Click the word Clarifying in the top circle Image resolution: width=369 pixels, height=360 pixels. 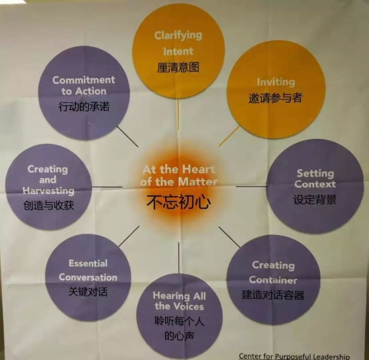(178, 36)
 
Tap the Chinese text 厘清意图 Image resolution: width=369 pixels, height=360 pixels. (178, 68)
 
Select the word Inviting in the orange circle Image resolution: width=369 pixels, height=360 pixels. (276, 83)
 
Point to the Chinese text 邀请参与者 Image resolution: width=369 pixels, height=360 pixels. (275, 97)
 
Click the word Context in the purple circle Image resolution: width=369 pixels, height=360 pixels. (315, 184)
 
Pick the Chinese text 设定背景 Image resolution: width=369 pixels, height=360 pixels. (315, 199)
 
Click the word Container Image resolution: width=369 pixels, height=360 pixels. (273, 280)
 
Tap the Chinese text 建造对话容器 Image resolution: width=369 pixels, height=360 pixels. (273, 295)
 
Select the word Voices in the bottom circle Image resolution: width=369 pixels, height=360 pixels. (189, 306)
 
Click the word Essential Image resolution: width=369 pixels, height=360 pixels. (88, 263)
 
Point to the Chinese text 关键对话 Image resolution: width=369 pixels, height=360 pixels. (88, 292)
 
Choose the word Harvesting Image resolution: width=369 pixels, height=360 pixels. (48, 190)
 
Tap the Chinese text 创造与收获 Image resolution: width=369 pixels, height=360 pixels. (48, 206)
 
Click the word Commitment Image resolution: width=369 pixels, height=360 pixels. (84, 80)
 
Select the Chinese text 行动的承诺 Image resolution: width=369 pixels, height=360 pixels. (84, 107)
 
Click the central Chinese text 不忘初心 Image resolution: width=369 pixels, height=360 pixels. (178, 202)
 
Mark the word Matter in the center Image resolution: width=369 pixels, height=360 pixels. (198, 182)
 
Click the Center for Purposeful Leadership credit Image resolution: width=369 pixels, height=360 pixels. (294, 356)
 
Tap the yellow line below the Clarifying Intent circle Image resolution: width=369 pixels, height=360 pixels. (178, 114)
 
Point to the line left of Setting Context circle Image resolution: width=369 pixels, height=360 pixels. (252, 186)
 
